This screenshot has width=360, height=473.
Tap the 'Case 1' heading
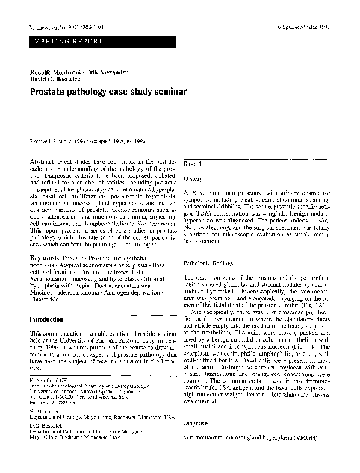[192, 164]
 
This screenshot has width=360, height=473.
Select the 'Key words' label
[45, 257]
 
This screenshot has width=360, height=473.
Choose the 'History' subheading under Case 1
[193, 179]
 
